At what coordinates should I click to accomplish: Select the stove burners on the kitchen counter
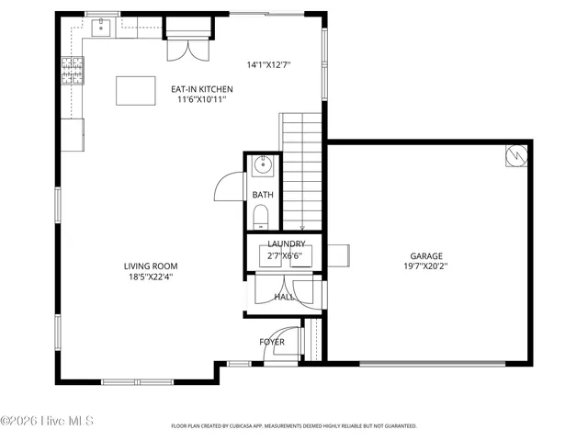click(x=71, y=66)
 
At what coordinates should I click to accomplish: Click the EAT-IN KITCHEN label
click(x=202, y=89)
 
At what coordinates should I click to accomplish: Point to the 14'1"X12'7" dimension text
click(x=268, y=65)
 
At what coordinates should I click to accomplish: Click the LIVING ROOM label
click(x=150, y=266)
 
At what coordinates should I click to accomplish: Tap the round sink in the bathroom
click(x=262, y=166)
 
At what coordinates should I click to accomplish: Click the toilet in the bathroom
click(x=261, y=217)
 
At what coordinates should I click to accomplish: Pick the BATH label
click(x=263, y=195)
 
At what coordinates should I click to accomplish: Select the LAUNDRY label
click(x=286, y=243)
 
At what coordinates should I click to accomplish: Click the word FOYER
click(x=272, y=342)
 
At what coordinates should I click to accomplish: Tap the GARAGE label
click(x=426, y=256)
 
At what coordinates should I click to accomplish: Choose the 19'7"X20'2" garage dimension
click(x=426, y=266)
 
